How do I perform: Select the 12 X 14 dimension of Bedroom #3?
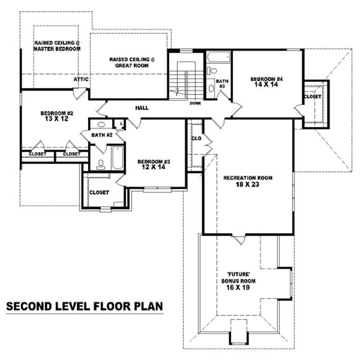pyautogui.click(x=154, y=167)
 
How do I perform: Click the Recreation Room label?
pyautogui.click(x=248, y=178)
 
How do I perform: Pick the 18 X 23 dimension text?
pyautogui.click(x=248, y=184)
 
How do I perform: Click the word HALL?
pyautogui.click(x=142, y=108)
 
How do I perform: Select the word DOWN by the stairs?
pyautogui.click(x=195, y=103)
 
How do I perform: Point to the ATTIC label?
pyautogui.click(x=81, y=80)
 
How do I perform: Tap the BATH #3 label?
pyautogui.click(x=222, y=83)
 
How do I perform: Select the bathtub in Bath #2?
pyautogui.click(x=117, y=157)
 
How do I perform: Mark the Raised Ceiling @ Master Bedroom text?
pyautogui.click(x=57, y=46)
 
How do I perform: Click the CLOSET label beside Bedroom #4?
pyautogui.click(x=312, y=97)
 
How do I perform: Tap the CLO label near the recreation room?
pyautogui.click(x=196, y=139)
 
